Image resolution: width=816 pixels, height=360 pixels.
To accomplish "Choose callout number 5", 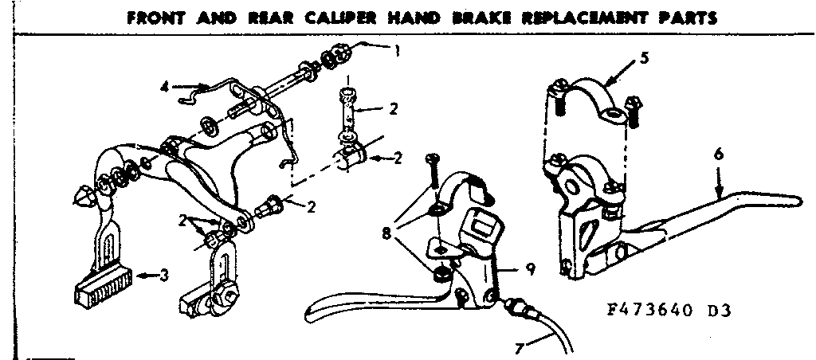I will coord(644,58).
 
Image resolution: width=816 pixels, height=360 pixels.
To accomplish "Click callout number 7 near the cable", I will coord(520,348).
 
